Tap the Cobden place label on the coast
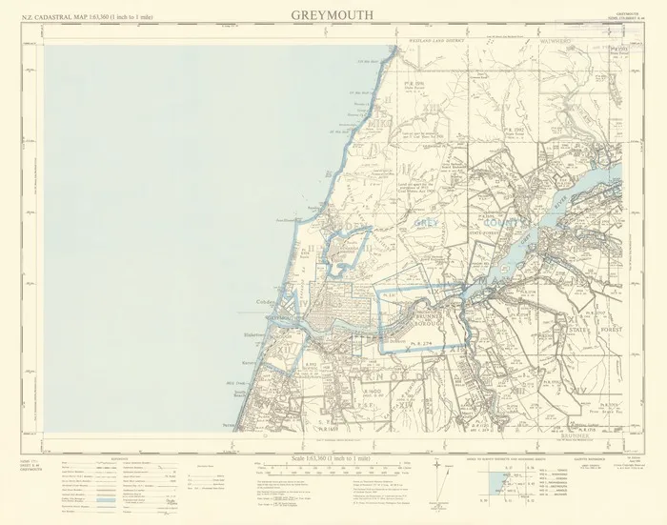(266, 305)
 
